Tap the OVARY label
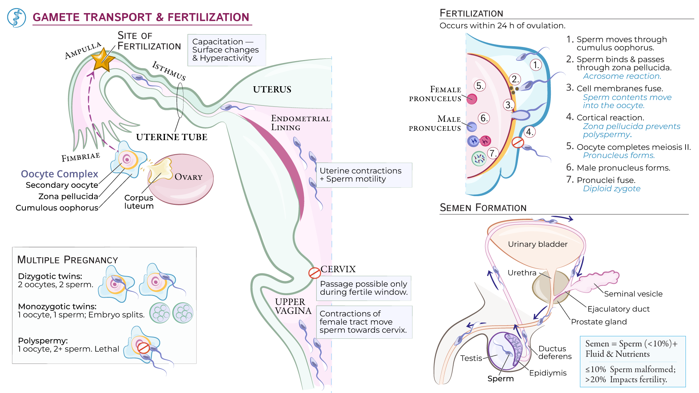pos(188,177)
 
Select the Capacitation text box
pos(226,50)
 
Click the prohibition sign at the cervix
pos(314,273)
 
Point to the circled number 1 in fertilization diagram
pos(536,65)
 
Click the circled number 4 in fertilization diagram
pos(530,132)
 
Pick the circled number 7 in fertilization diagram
pos(493,153)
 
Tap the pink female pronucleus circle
pos(472,99)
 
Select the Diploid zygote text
pos(611,188)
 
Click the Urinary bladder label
pos(537,244)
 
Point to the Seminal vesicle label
pos(633,294)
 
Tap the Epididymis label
pos(548,373)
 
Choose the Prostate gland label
pos(599,322)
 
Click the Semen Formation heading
pos(483,208)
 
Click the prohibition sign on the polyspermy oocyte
pos(143,348)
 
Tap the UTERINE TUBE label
pos(171,137)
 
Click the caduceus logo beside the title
pos(16,18)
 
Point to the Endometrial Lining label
pos(300,123)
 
